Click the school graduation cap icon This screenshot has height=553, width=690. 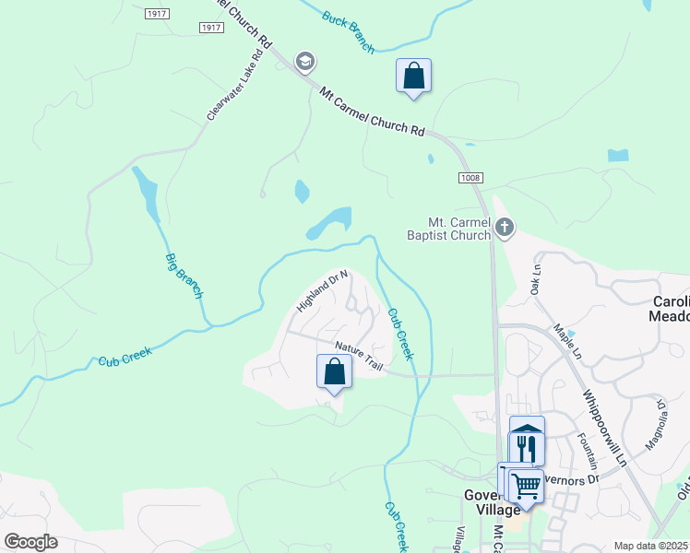click(304, 62)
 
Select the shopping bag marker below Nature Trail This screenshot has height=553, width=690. click(334, 372)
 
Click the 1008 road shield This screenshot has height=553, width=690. click(470, 177)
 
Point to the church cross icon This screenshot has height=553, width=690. click(504, 226)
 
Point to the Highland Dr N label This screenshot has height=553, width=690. click(322, 290)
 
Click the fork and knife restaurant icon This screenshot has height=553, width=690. click(526, 449)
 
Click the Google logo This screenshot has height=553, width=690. click(30, 541)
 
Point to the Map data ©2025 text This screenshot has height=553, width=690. click(650, 546)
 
